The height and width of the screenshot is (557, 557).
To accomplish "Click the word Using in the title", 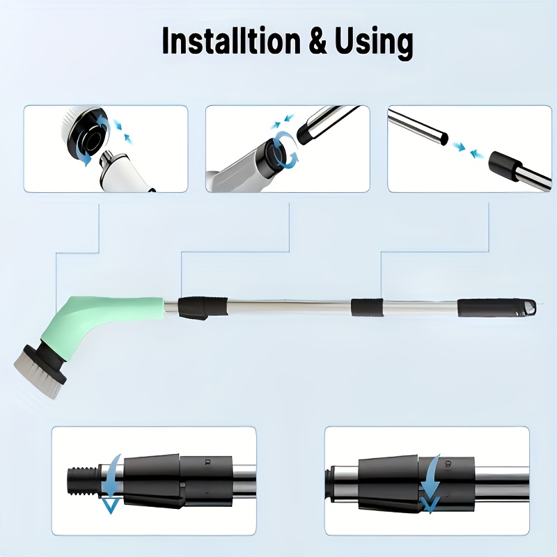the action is (x=374, y=43).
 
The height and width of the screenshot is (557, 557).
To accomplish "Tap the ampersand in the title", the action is (x=317, y=41).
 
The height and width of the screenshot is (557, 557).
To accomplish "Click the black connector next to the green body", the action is (x=202, y=307).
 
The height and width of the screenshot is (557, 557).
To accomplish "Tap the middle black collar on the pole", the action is (x=368, y=307).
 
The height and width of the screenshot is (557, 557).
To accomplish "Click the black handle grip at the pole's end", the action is (x=496, y=308).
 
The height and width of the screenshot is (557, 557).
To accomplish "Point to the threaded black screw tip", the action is (x=82, y=481).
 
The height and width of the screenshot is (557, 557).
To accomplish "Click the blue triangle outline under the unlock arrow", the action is (x=110, y=505).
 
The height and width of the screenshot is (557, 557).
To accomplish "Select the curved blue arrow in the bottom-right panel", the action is (x=431, y=484).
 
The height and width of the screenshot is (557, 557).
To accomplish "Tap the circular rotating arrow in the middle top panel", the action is (x=286, y=149).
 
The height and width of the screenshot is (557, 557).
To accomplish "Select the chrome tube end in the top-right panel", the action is (x=418, y=127).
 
